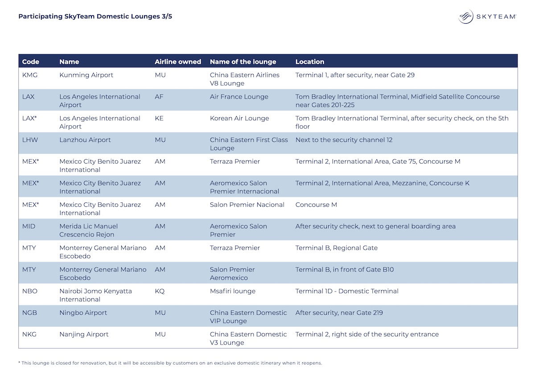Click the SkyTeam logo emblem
(x=465, y=16)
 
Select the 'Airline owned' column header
(x=178, y=62)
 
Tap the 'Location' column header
(x=309, y=62)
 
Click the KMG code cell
(x=30, y=75)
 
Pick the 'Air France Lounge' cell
(x=239, y=97)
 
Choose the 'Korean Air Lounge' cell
(x=239, y=119)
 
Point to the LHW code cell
(x=30, y=140)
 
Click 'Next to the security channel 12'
(x=344, y=140)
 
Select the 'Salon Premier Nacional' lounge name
(x=247, y=205)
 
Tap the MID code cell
(x=29, y=226)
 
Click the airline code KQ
(x=160, y=292)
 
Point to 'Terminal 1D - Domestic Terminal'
(x=347, y=292)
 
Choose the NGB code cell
(x=30, y=313)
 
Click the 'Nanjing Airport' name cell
(x=84, y=335)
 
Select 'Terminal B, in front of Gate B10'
(x=345, y=270)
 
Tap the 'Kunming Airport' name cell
(x=86, y=75)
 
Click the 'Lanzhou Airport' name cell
(x=85, y=140)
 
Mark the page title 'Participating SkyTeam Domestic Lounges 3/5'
(x=95, y=16)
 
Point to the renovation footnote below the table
(x=170, y=363)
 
